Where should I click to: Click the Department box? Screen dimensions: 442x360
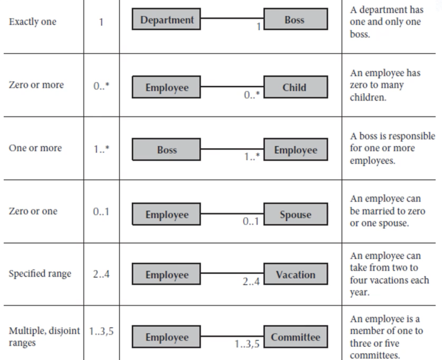click(166, 19)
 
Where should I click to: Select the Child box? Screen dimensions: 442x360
click(296, 87)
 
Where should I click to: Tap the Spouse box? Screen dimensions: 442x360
click(296, 214)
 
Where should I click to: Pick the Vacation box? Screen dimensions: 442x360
click(296, 274)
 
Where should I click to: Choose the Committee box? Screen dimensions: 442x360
click(296, 336)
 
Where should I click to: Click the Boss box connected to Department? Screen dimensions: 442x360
click(296, 19)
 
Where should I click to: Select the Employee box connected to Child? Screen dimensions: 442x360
click(166, 87)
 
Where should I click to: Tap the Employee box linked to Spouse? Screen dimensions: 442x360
click(166, 214)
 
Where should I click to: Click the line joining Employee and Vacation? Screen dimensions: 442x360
click(232, 273)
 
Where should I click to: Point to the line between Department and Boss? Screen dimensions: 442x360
click(232, 18)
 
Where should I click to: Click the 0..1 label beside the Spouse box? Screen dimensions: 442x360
click(251, 222)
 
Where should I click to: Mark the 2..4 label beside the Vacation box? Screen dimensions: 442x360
click(251, 281)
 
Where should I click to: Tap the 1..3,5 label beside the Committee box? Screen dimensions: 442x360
click(247, 344)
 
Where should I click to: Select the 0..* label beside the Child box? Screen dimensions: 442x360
click(252, 95)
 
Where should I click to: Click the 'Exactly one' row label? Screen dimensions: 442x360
click(32, 21)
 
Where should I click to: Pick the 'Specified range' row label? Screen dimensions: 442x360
click(40, 274)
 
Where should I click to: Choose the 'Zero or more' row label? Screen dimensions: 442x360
click(36, 85)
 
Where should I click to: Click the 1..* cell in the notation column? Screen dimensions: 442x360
click(102, 149)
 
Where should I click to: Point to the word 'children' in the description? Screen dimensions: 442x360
click(368, 97)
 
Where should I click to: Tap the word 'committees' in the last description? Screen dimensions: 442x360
click(375, 355)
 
